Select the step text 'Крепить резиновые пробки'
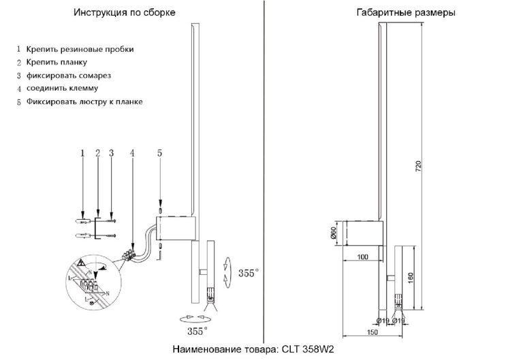(x=80, y=50)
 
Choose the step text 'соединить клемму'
(x=63, y=88)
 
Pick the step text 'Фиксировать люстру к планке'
(x=84, y=101)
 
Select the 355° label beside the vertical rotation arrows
(x=249, y=274)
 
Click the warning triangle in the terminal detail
(x=81, y=263)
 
